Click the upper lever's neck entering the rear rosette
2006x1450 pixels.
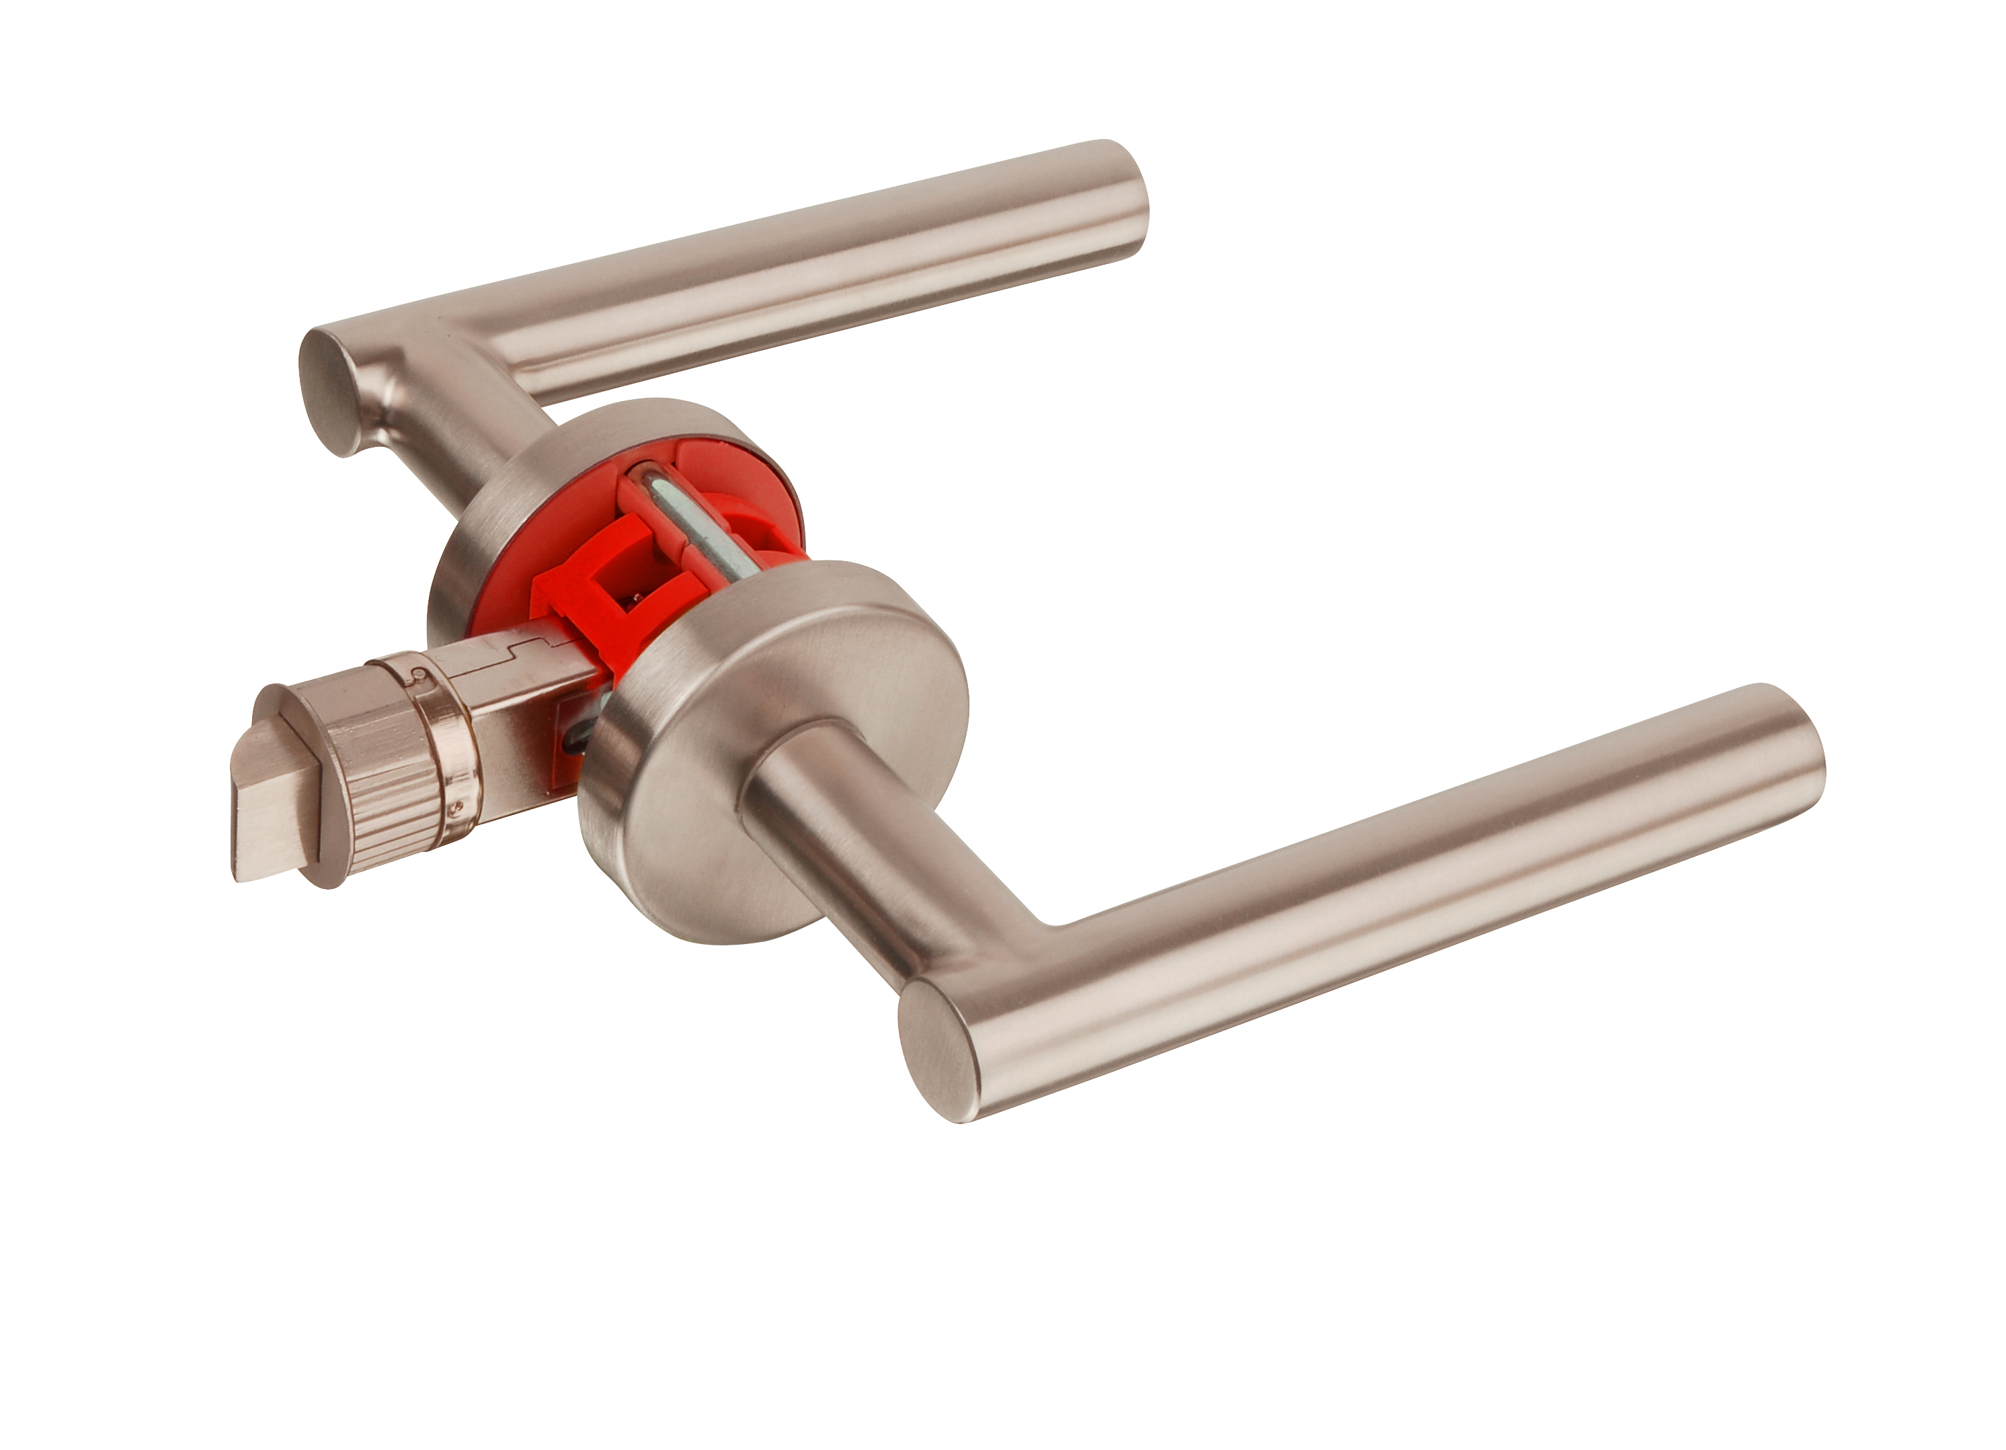tap(495, 442)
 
